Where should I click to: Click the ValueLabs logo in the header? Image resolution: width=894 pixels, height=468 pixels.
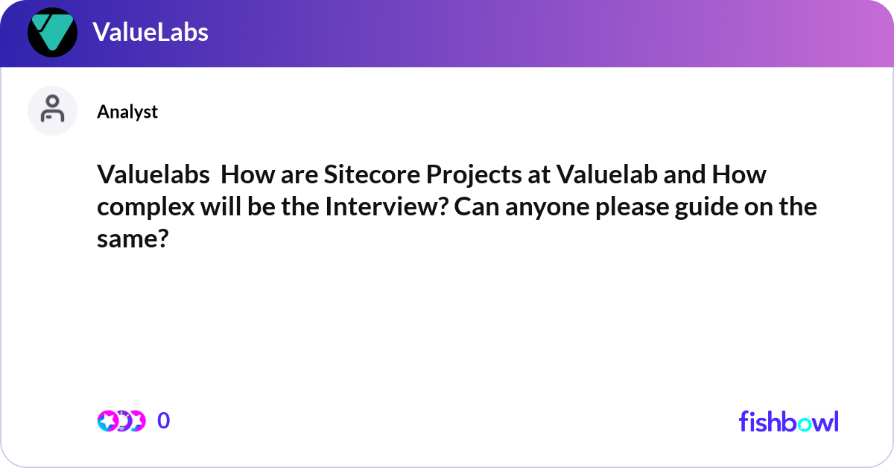(x=52, y=32)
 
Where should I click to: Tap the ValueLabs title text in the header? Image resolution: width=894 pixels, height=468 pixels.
(x=150, y=32)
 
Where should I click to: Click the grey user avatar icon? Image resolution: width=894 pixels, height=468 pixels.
(x=52, y=110)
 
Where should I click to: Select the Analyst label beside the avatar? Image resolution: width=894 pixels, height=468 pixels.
(x=127, y=112)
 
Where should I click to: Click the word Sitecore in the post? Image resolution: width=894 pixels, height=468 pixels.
(x=363, y=176)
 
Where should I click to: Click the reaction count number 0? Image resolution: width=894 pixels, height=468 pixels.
(x=164, y=421)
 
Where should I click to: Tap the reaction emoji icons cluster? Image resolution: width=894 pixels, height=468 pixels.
(x=121, y=421)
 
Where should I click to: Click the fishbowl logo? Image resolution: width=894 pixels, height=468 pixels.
(x=788, y=421)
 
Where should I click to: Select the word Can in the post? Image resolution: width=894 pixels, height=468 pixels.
(x=472, y=206)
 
